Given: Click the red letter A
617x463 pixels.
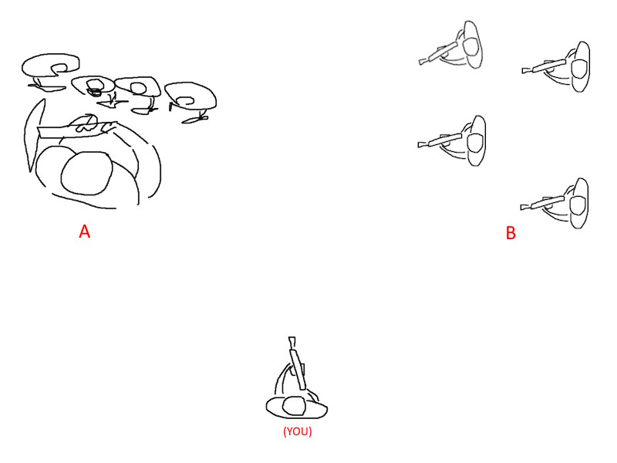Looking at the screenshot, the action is tap(85, 231).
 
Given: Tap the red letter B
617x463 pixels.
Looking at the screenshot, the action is tap(511, 233).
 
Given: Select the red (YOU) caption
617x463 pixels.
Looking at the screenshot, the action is tap(298, 431).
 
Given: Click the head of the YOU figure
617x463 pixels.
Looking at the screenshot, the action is tap(295, 406).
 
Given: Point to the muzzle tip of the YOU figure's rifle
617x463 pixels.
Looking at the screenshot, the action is tap(292, 338).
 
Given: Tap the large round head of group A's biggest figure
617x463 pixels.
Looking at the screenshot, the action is tap(87, 174).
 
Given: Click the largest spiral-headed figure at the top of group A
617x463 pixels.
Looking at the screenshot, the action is tap(50, 65).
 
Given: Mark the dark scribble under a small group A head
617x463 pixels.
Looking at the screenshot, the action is tap(94, 93).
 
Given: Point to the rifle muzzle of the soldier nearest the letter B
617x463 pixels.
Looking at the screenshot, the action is tap(523, 207).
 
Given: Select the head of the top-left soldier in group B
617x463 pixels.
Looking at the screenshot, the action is tap(472, 46).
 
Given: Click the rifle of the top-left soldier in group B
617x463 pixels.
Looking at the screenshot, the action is tap(438, 53).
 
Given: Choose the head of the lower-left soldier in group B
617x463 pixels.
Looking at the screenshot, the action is tap(474, 143).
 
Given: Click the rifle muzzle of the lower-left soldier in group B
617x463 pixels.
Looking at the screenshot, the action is tap(420, 145).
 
